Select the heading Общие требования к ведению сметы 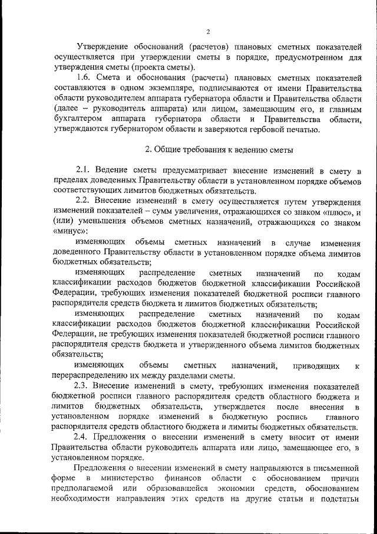216,150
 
